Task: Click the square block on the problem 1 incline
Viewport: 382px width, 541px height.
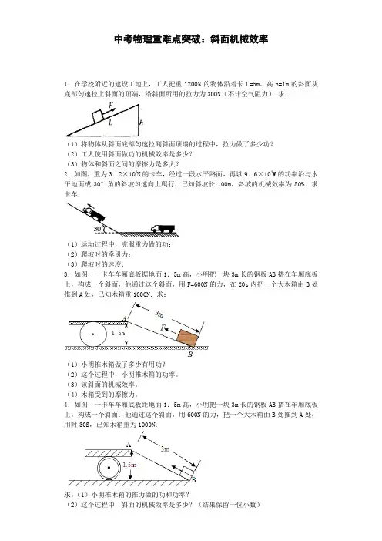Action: pyautogui.click(x=98, y=116)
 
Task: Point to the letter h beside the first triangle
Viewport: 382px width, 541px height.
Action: pyautogui.click(x=141, y=123)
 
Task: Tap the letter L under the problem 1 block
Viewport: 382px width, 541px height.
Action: pyautogui.click(x=110, y=123)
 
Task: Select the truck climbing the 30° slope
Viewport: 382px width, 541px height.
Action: pyautogui.click(x=93, y=213)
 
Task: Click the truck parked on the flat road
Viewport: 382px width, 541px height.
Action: pyautogui.click(x=163, y=228)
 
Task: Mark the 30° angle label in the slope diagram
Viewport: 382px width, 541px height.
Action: pyautogui.click(x=98, y=229)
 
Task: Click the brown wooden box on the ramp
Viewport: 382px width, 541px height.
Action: pyautogui.click(x=188, y=338)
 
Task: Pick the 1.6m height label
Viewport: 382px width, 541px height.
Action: pyautogui.click(x=118, y=333)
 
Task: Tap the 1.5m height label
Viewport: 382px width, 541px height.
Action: pyautogui.click(x=129, y=465)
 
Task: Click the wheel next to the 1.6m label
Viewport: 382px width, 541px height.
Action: pyautogui.click(x=93, y=334)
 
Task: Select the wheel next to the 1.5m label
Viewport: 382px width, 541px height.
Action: pyautogui.click(x=109, y=469)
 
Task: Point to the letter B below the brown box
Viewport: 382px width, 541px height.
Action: pyautogui.click(x=190, y=355)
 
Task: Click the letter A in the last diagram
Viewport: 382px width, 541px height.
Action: pyautogui.click(x=129, y=445)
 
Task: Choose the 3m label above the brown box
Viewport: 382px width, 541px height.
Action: pyautogui.click(x=159, y=314)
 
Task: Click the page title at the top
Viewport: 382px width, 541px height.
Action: pyautogui.click(x=191, y=39)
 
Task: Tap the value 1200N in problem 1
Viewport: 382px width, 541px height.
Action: pyautogui.click(x=193, y=84)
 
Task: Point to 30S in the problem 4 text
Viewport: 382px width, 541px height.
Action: pyautogui.click(x=84, y=425)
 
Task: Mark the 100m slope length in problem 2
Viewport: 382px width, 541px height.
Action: pyautogui.click(x=224, y=184)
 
